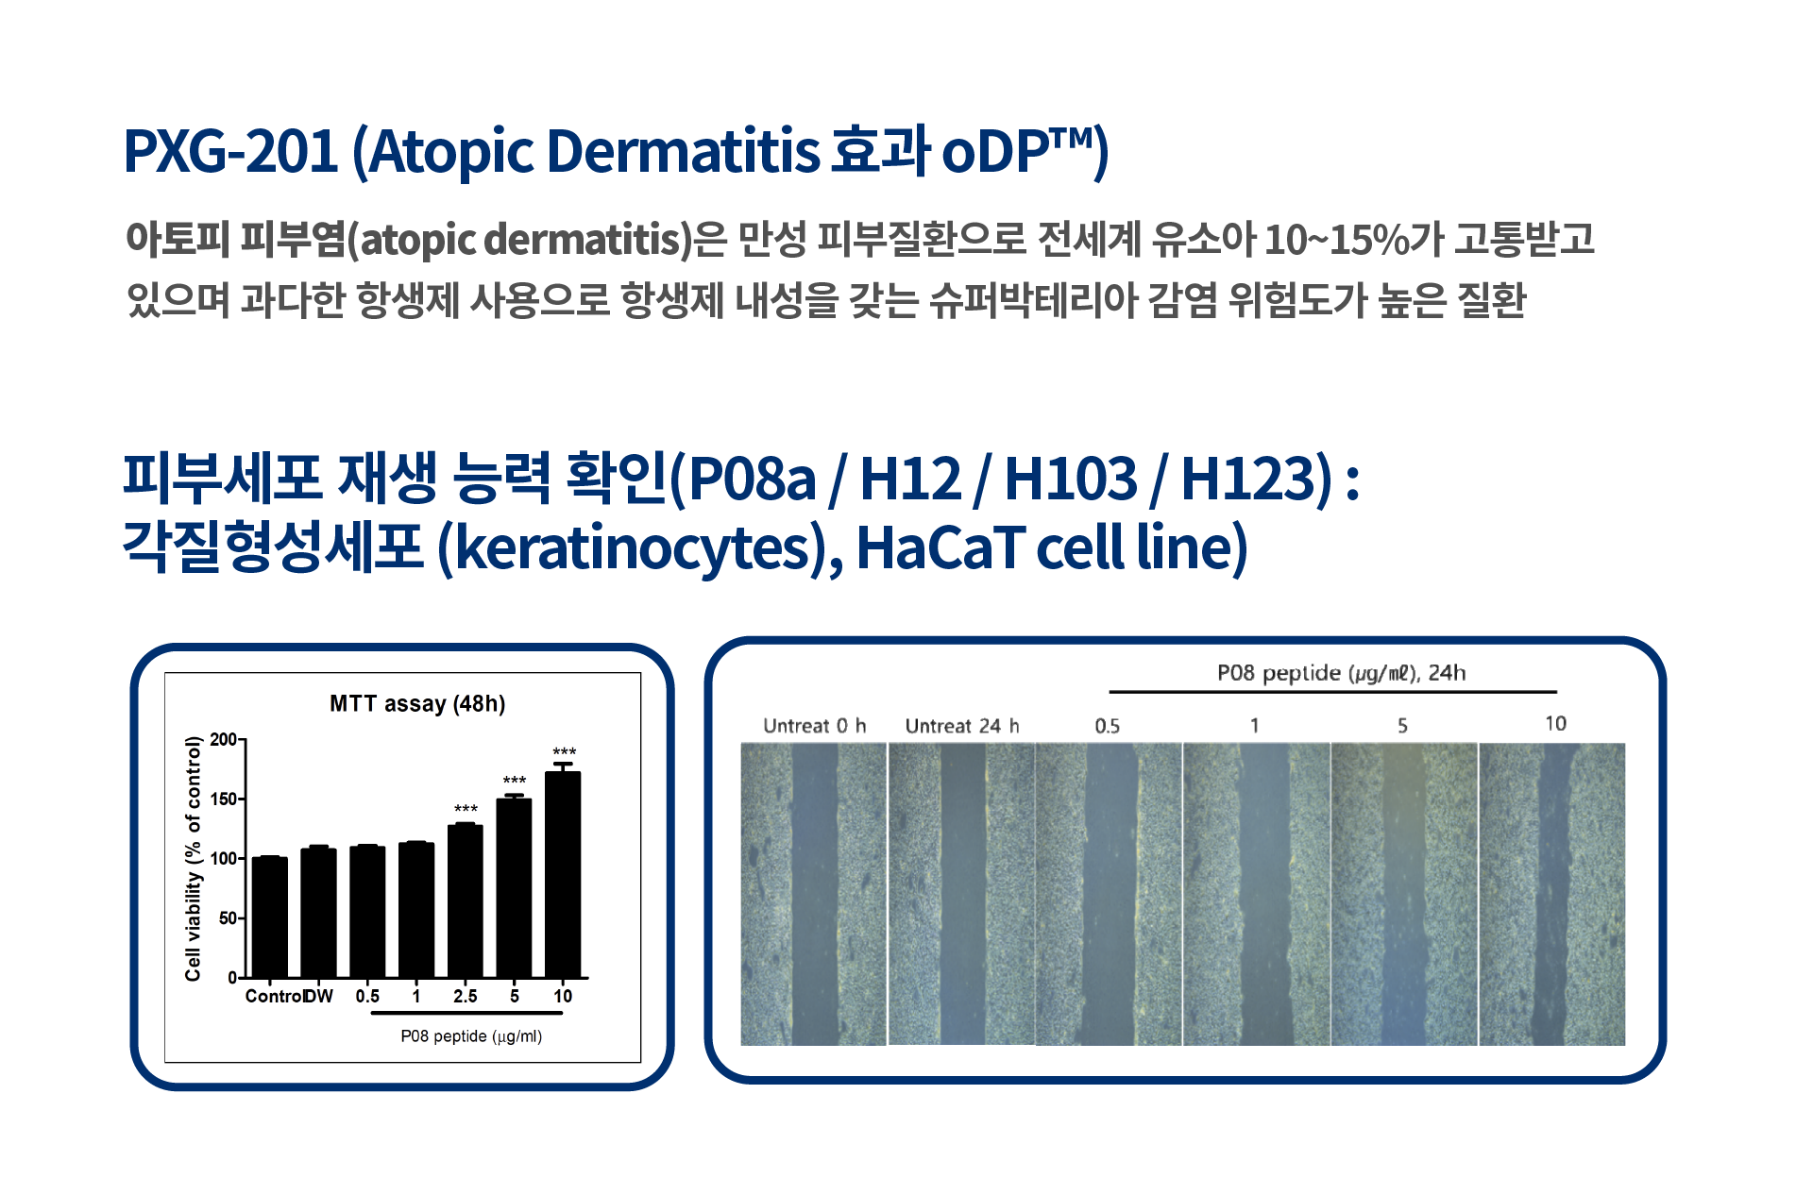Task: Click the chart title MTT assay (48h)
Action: tap(417, 704)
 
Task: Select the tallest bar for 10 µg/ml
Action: tap(563, 874)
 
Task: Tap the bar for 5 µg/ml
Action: tap(514, 888)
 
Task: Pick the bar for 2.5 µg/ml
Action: tap(466, 901)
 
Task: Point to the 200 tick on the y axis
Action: tap(224, 739)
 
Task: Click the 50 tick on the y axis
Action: tap(228, 917)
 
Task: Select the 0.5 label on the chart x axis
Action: tap(367, 996)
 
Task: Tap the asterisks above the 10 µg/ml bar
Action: tap(564, 752)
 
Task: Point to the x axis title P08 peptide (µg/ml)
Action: tap(471, 1036)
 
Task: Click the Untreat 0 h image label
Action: tap(814, 726)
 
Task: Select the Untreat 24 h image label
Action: tap(962, 726)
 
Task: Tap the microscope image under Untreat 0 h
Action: tap(814, 894)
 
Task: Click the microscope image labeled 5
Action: tap(1404, 894)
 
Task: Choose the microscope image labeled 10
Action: tap(1552, 894)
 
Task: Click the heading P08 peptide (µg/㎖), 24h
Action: tap(1341, 673)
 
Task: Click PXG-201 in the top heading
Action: tap(230, 151)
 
